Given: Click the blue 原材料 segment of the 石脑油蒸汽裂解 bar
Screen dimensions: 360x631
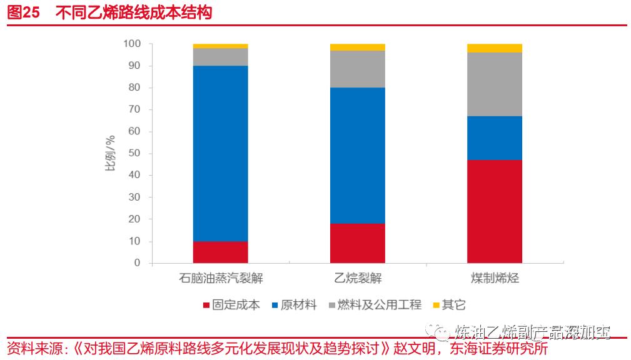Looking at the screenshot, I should pyautogui.click(x=220, y=153).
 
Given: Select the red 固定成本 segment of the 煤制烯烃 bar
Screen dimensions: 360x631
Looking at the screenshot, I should pyautogui.click(x=494, y=211).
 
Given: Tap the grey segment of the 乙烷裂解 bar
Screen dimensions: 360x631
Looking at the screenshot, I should pyautogui.click(x=357, y=69).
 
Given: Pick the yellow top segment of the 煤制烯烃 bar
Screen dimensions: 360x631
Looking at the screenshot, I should pyautogui.click(x=494, y=48).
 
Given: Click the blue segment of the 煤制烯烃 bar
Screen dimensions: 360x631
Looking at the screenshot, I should pyautogui.click(x=494, y=138).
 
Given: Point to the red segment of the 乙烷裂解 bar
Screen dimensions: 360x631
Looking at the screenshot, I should pyautogui.click(x=357, y=243).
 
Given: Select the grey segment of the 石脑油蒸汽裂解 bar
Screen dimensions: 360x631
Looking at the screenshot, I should pyautogui.click(x=220, y=57).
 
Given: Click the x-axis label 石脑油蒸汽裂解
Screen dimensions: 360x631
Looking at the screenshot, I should pyautogui.click(x=220, y=278).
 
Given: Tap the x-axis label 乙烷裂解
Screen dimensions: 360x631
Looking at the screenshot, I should pyautogui.click(x=357, y=278).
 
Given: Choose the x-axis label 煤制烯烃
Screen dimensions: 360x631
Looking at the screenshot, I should pyautogui.click(x=494, y=278).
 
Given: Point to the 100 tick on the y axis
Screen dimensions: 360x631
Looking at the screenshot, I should pyautogui.click(x=132, y=44).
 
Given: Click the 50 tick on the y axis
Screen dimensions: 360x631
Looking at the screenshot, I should pyautogui.click(x=134, y=154).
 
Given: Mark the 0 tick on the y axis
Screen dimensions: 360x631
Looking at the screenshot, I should pyautogui.click(x=138, y=263).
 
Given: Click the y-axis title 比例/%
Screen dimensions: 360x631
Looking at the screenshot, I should pyautogui.click(x=109, y=154).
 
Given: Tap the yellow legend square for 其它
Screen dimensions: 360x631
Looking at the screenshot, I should pyautogui.click(x=436, y=305).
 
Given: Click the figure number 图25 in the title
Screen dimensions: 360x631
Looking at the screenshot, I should pyautogui.click(x=23, y=12).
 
